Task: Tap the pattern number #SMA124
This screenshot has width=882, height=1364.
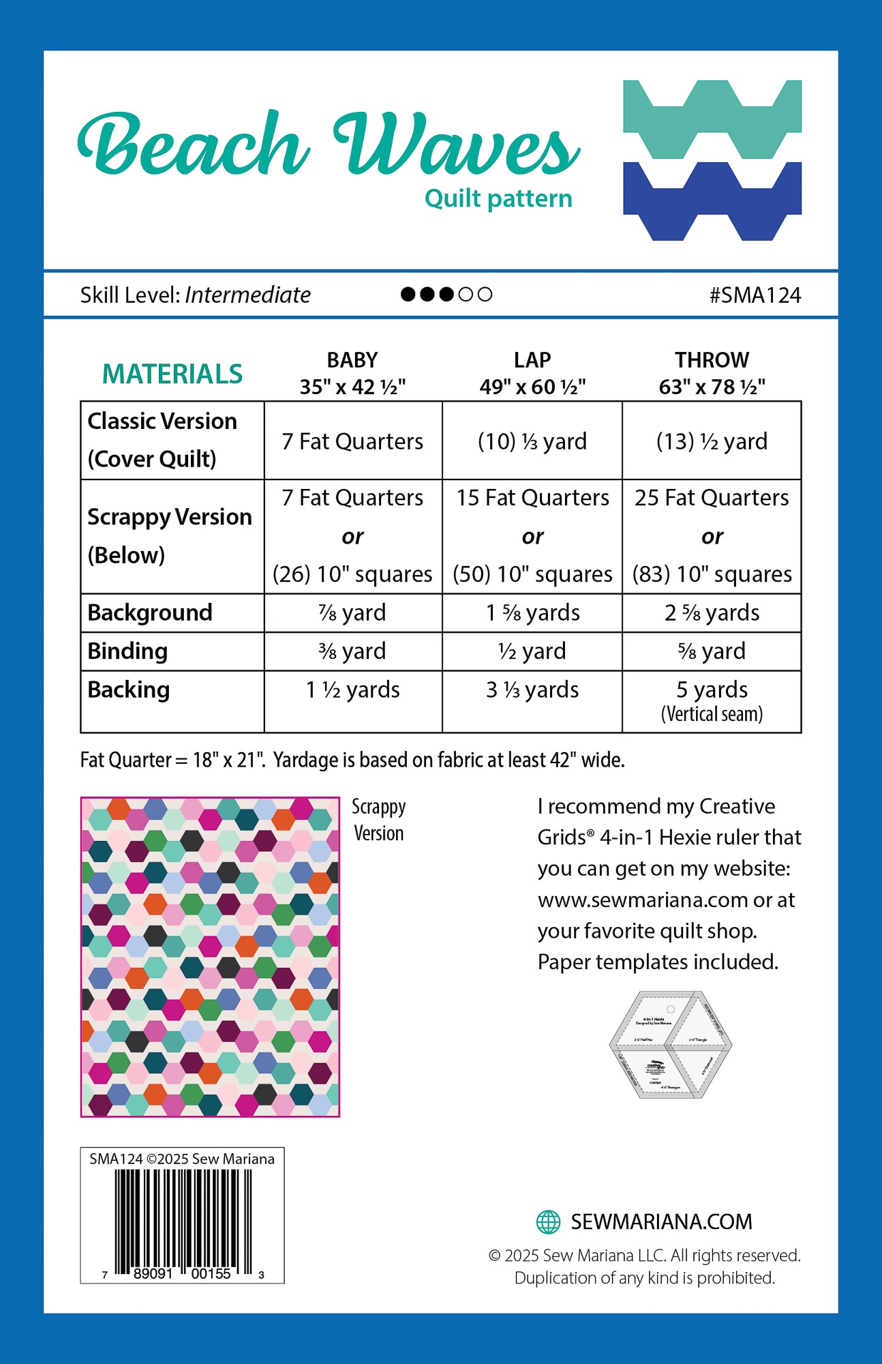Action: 755,295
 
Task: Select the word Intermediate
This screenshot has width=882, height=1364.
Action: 247,295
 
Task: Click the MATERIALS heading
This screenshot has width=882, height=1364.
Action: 172,374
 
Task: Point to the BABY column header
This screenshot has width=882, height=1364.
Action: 352,373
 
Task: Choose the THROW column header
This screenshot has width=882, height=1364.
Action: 712,373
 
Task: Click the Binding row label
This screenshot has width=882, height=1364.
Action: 127,651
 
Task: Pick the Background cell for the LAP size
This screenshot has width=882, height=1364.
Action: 532,612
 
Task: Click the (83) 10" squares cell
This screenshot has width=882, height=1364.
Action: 712,574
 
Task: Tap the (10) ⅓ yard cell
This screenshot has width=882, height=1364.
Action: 532,441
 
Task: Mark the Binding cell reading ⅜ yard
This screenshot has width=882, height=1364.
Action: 352,651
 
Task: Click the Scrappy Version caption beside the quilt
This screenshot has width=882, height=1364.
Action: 378,820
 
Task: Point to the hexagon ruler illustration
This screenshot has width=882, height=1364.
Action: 670,1044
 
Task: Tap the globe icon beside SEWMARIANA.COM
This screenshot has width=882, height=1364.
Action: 549,1221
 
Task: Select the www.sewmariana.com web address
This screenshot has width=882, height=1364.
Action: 643,900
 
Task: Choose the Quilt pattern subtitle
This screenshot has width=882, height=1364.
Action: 498,198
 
